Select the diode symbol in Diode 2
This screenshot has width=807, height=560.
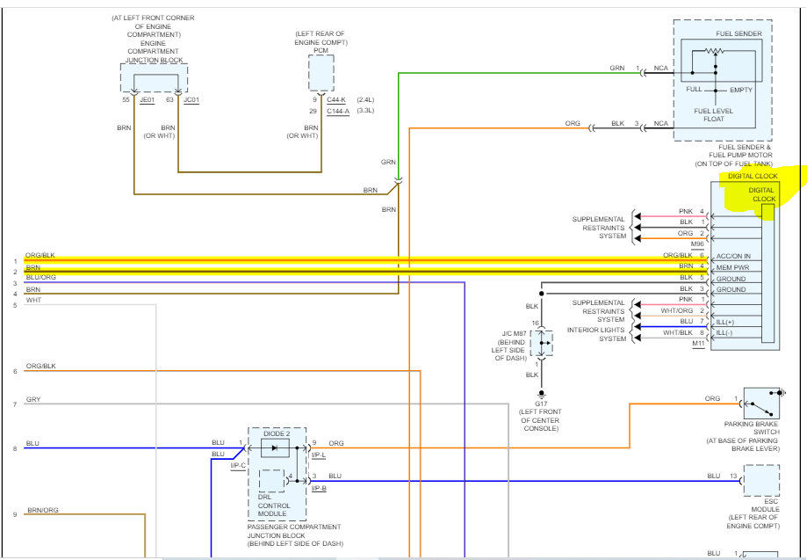coord(274,448)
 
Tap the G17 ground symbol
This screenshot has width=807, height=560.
coord(541,395)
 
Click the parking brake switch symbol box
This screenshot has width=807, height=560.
coord(761,404)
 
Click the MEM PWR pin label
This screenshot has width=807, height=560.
coord(732,268)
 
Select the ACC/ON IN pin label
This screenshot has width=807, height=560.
coord(733,256)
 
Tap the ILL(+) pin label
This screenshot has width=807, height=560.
coord(725,322)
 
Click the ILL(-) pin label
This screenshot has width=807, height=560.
coord(724,333)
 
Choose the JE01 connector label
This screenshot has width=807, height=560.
coord(148,99)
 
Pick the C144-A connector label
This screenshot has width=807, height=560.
coord(337,111)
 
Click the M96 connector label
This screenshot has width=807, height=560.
coord(697,244)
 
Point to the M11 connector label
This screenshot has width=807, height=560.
coord(698,344)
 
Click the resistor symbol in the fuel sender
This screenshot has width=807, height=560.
coord(714,51)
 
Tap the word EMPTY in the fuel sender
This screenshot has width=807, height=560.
coord(741,90)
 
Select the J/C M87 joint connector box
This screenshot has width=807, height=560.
coord(541,343)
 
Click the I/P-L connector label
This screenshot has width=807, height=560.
coord(319,455)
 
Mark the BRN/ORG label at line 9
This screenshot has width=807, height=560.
coord(43,510)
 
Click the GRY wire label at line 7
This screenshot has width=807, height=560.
coord(33,399)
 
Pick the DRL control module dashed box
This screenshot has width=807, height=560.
coord(271,481)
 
